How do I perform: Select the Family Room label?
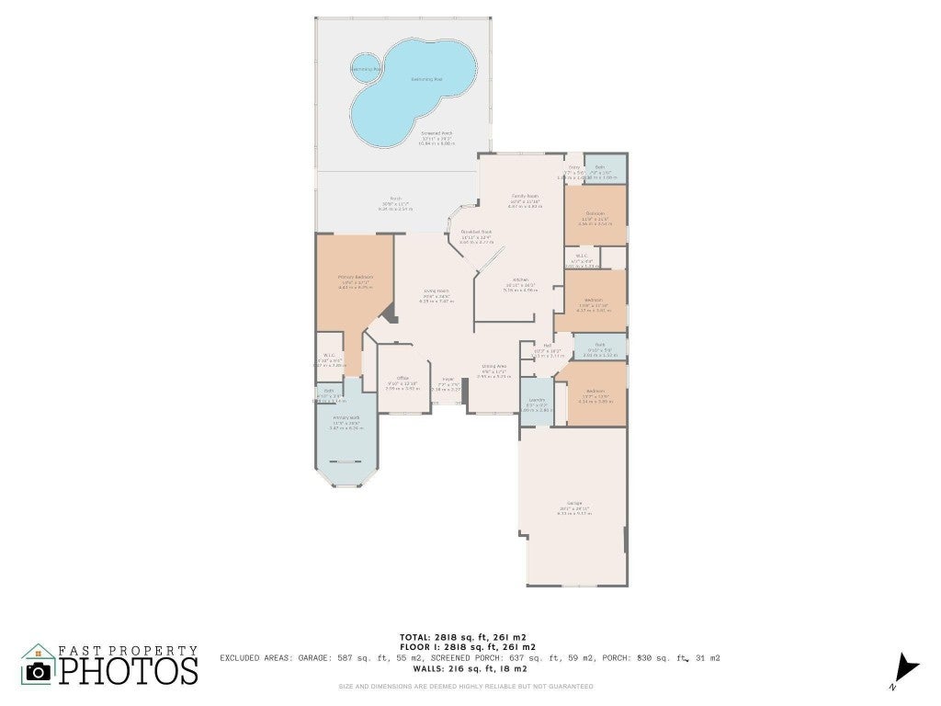pyautogui.click(x=525, y=197)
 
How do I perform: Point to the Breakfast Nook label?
pyautogui.click(x=476, y=233)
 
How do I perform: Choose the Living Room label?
pyautogui.click(x=436, y=290)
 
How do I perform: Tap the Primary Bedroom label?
pyautogui.click(x=355, y=277)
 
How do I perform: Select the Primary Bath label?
pyautogui.click(x=346, y=422)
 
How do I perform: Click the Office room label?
pyautogui.click(x=402, y=379)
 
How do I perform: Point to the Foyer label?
pyautogui.click(x=448, y=380)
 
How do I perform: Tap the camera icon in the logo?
pyautogui.click(x=38, y=670)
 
